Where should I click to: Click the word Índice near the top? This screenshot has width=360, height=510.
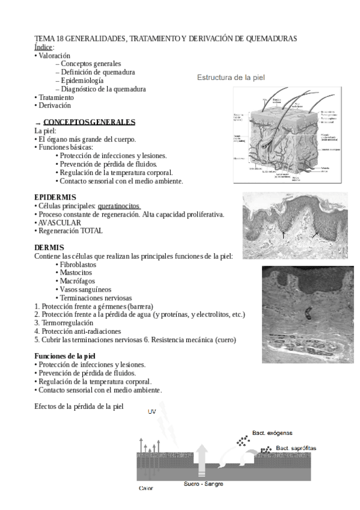(x=43, y=47)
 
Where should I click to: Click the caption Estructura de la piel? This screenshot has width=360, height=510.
(x=231, y=78)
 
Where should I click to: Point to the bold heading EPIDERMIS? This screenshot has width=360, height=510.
(x=55, y=197)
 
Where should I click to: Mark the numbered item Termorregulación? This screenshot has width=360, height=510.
(x=67, y=322)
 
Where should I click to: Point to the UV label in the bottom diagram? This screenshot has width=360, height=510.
(x=153, y=412)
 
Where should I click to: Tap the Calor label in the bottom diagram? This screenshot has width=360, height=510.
(x=145, y=488)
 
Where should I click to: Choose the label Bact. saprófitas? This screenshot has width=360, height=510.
(x=296, y=448)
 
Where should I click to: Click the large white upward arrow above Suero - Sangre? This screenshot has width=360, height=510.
(x=202, y=464)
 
